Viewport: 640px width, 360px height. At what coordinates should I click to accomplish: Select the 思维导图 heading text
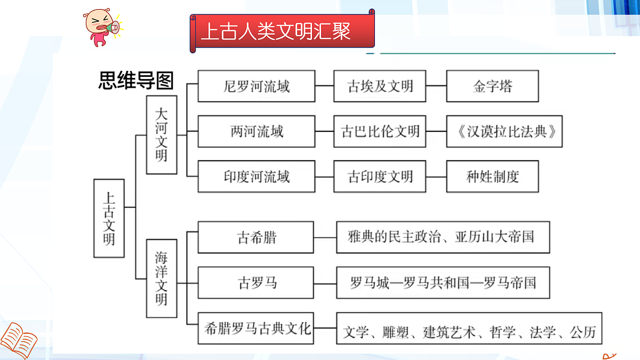point(135,81)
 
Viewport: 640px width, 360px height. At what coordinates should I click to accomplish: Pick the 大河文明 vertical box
point(162,134)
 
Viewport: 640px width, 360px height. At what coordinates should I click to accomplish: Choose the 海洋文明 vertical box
point(162,278)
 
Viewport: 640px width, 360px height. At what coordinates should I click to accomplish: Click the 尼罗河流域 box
point(256,86)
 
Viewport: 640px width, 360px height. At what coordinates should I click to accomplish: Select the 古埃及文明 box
point(380,86)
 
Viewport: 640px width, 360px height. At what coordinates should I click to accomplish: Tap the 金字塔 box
point(492,86)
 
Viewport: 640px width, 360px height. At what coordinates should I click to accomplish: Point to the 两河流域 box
point(256,131)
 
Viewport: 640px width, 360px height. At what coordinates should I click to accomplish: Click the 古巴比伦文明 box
point(380,131)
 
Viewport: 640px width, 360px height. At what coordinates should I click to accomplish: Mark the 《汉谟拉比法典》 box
point(505,131)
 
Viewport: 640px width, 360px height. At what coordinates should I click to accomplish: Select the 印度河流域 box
point(256,176)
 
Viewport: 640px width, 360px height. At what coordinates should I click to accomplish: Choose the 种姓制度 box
point(492,176)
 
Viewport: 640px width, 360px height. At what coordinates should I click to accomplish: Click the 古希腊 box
point(256,237)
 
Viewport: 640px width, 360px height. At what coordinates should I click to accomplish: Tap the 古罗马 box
point(256,282)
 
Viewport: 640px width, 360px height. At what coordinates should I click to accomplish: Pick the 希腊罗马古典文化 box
point(256,328)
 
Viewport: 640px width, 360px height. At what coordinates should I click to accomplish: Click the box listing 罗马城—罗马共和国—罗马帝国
point(443,282)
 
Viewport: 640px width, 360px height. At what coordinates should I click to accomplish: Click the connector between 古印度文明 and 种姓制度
point(436,177)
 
